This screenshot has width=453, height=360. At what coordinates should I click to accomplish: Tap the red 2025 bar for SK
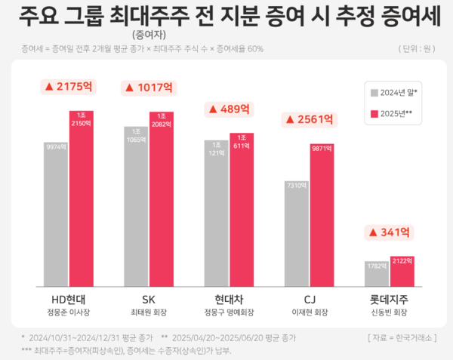(161, 199)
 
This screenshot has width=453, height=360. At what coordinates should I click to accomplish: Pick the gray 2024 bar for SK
(136, 207)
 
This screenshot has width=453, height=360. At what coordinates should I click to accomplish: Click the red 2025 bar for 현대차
(242, 210)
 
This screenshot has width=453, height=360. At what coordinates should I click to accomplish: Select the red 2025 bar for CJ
(322, 215)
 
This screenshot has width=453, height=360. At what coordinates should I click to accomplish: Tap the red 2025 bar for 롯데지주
(402, 272)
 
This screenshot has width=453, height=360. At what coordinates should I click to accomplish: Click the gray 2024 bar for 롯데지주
(376, 274)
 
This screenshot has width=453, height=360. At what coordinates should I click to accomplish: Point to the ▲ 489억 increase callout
(228, 109)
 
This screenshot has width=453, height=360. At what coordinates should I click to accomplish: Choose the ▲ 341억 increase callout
(390, 232)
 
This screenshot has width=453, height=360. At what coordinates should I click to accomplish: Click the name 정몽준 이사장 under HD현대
(68, 311)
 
